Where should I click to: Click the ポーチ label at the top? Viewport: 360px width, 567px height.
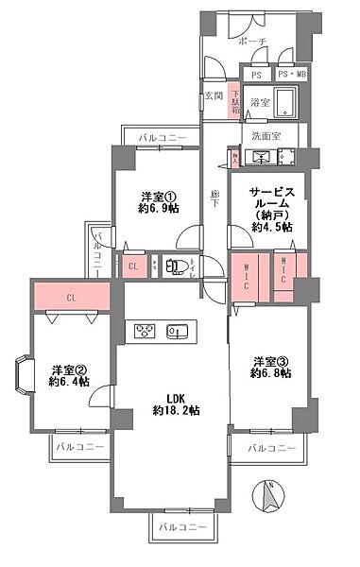coord(251,42)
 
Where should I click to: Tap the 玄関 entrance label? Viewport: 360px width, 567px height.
coord(213,95)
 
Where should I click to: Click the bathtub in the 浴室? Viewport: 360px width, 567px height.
coord(283,104)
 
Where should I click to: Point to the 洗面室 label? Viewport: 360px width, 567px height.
coord(266,135)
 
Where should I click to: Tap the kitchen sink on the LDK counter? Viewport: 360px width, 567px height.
coord(176,332)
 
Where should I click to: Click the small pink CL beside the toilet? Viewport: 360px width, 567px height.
coord(134,266)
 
